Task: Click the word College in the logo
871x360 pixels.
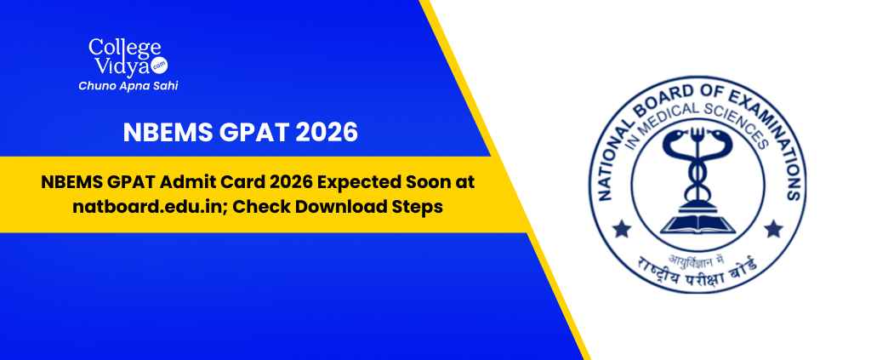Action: pyautogui.click(x=125, y=49)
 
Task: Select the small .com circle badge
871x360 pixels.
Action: pyautogui.click(x=159, y=65)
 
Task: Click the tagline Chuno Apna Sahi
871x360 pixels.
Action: pyautogui.click(x=128, y=86)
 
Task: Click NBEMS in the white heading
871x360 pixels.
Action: pyautogui.click(x=168, y=132)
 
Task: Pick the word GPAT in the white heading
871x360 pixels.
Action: pyautogui.click(x=253, y=132)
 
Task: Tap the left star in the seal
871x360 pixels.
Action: pyautogui.click(x=622, y=228)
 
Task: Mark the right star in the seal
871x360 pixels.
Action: pyautogui.click(x=773, y=228)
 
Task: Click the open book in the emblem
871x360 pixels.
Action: pyautogui.click(x=697, y=223)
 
